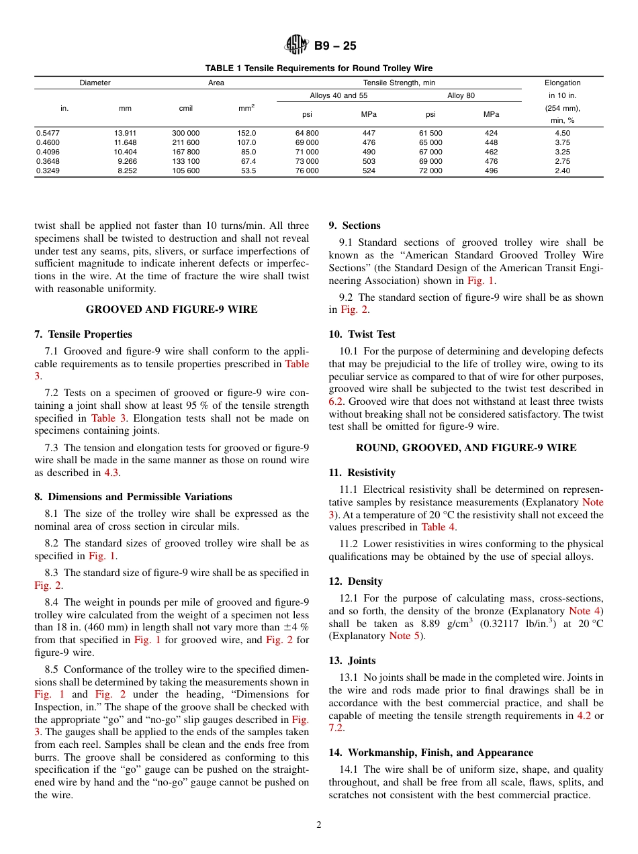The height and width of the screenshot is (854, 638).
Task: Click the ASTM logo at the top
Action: pos(296,46)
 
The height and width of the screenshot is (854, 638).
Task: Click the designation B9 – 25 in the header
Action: pos(335,46)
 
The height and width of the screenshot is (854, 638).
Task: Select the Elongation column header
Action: pos(562,83)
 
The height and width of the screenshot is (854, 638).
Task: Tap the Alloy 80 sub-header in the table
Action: pos(461,95)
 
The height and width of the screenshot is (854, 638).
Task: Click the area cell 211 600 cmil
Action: pos(185,142)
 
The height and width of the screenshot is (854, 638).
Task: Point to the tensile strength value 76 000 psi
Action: pos(307,171)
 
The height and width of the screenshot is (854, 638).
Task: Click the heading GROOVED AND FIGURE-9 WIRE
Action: pos(171,310)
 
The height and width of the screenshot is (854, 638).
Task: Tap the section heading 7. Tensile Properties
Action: pos(83,334)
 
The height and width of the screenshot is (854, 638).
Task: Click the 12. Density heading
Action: pos(355,581)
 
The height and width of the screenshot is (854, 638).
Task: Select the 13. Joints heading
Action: pos(352,661)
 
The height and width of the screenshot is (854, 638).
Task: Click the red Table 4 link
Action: pos(433,527)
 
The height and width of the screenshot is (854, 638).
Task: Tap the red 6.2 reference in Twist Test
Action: pos(336,401)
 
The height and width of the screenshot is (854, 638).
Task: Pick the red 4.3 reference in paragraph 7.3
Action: pos(111,473)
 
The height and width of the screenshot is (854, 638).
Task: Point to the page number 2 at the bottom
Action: pos(319,825)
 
